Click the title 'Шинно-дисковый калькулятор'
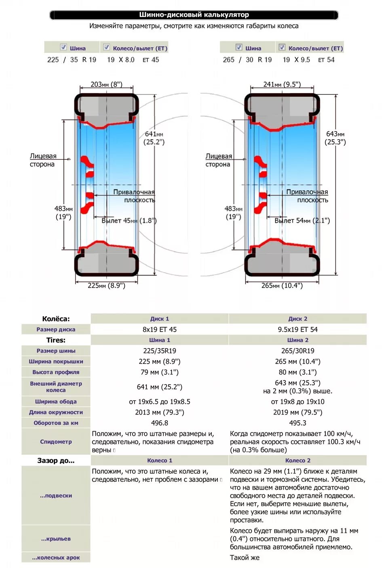(194, 15)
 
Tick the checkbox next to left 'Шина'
(63, 47)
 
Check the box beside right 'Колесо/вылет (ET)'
(282, 47)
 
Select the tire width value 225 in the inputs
(53, 60)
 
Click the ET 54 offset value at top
(327, 60)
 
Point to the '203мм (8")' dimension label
(106, 84)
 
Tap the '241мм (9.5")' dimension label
(282, 84)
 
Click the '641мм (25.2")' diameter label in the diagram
(154, 138)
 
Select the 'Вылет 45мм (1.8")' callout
(129, 221)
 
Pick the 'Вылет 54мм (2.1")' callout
(302, 221)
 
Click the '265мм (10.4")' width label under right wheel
(282, 286)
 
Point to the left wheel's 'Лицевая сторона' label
(42, 160)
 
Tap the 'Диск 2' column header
(297, 319)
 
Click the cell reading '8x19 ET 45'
(159, 330)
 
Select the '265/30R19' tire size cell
(297, 351)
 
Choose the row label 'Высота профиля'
(56, 372)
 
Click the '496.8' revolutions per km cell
(159, 423)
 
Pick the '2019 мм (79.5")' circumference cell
(297, 412)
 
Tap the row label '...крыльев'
(56, 539)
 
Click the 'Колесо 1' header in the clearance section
(159, 461)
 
